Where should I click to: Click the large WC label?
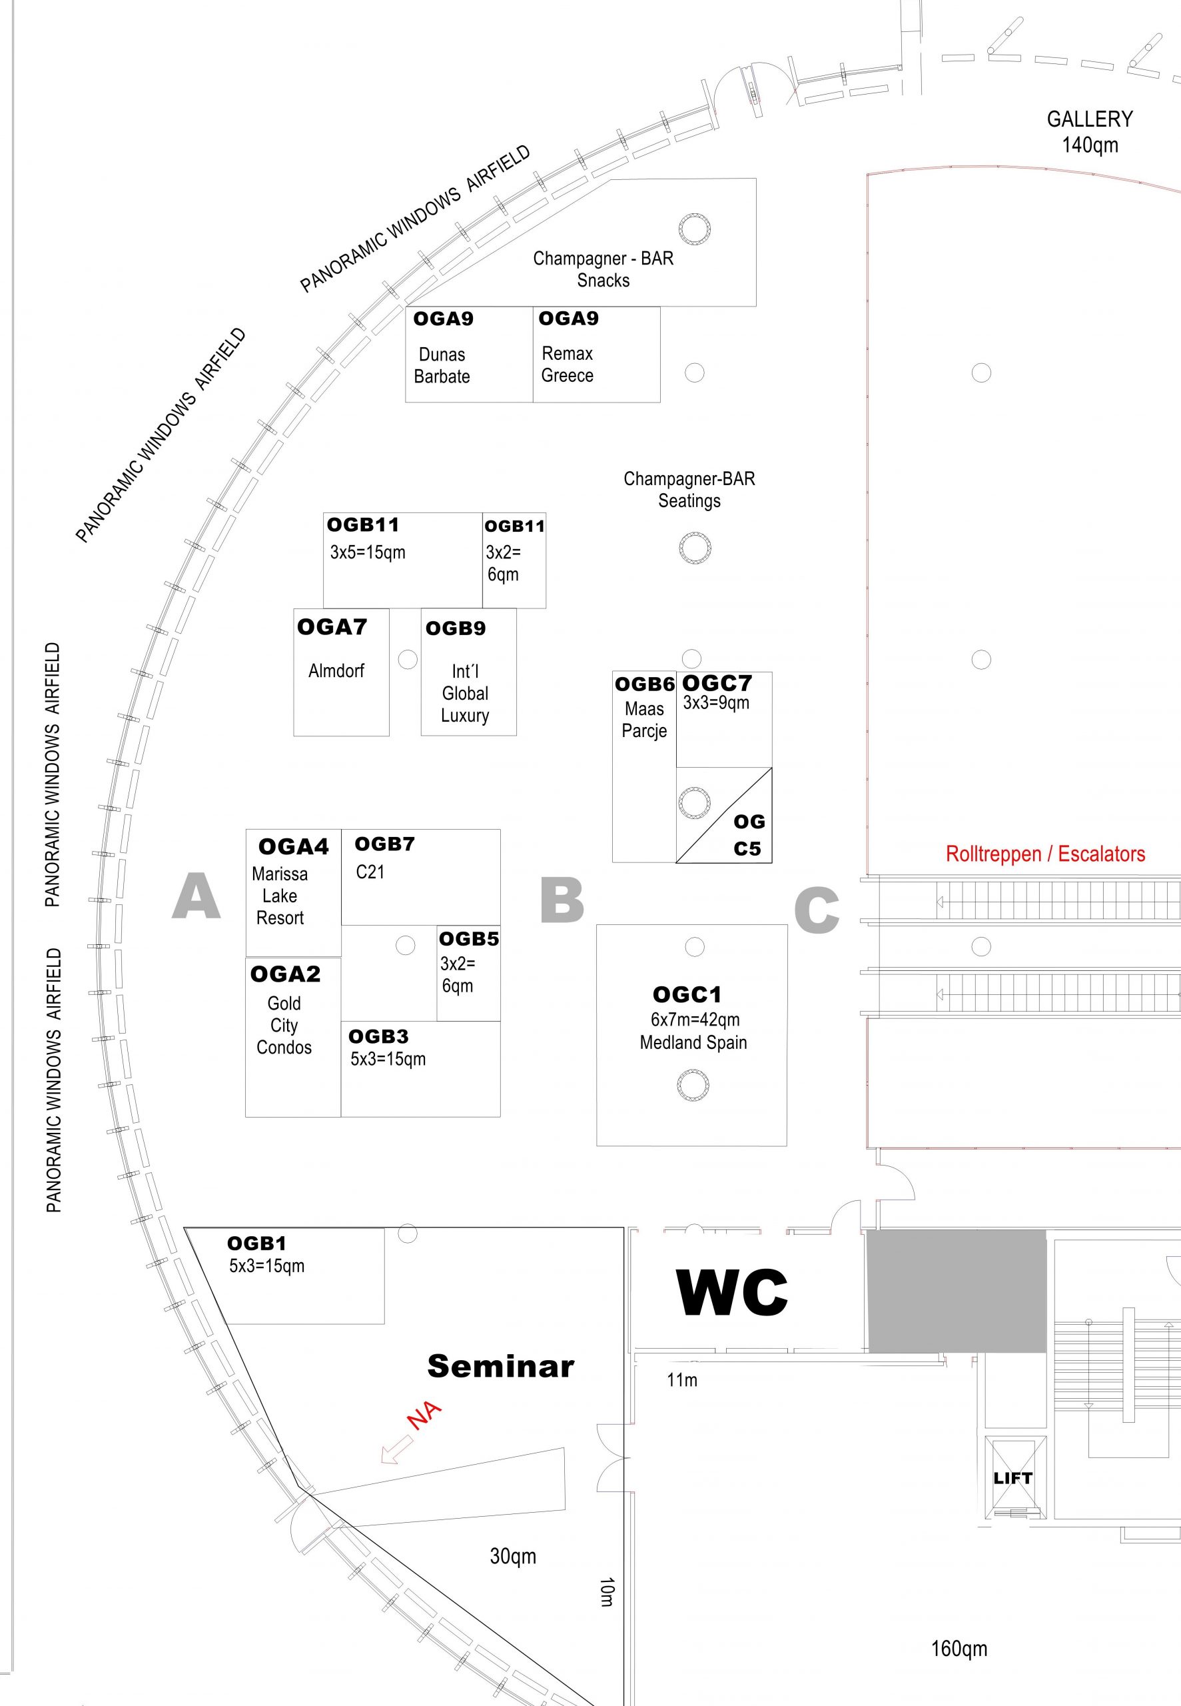[x=732, y=1292]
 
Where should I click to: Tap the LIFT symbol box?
[x=1014, y=1479]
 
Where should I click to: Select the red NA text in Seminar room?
[x=425, y=1415]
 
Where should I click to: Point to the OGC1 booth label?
[x=686, y=994]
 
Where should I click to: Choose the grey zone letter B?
[x=562, y=900]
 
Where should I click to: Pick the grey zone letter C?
[x=817, y=910]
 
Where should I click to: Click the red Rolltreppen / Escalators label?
[x=1045, y=854]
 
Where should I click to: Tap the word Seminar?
[x=500, y=1366]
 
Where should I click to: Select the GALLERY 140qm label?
[x=1089, y=132]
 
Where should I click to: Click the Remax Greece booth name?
[x=567, y=364]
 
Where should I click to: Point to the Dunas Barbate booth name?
[x=442, y=366]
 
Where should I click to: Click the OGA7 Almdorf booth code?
[x=332, y=628]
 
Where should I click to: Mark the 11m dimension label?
[x=681, y=1379]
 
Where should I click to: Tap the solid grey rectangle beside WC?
[x=956, y=1291]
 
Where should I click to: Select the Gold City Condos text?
[x=284, y=1025]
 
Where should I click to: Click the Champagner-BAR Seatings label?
[x=689, y=489]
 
